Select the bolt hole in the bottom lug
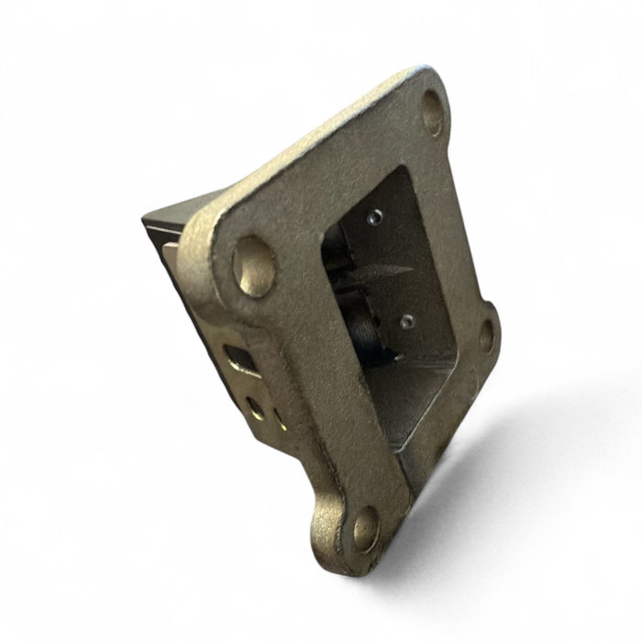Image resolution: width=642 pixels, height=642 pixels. click(364, 529)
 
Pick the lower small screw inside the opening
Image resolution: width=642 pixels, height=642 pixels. click(406, 320)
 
